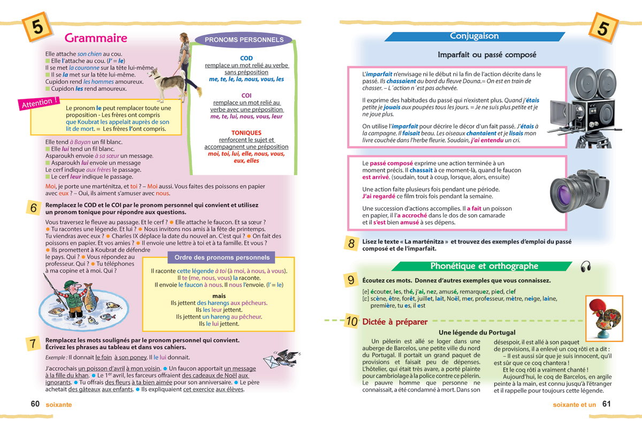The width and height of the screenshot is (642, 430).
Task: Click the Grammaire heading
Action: tap(96, 38)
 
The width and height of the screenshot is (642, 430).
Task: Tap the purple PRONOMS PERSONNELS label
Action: tap(244, 40)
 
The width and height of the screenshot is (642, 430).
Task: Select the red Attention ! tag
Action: tap(39, 103)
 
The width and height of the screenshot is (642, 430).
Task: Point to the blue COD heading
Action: tap(246, 58)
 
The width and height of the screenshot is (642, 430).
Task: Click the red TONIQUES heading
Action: tap(246, 132)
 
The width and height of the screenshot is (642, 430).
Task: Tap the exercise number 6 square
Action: tap(34, 208)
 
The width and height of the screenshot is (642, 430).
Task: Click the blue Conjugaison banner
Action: tap(474, 36)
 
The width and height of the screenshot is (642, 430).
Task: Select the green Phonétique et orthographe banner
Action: tap(484, 266)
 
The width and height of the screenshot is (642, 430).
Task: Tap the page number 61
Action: tap(606, 404)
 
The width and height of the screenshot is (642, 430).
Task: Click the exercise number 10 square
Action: tap(351, 322)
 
